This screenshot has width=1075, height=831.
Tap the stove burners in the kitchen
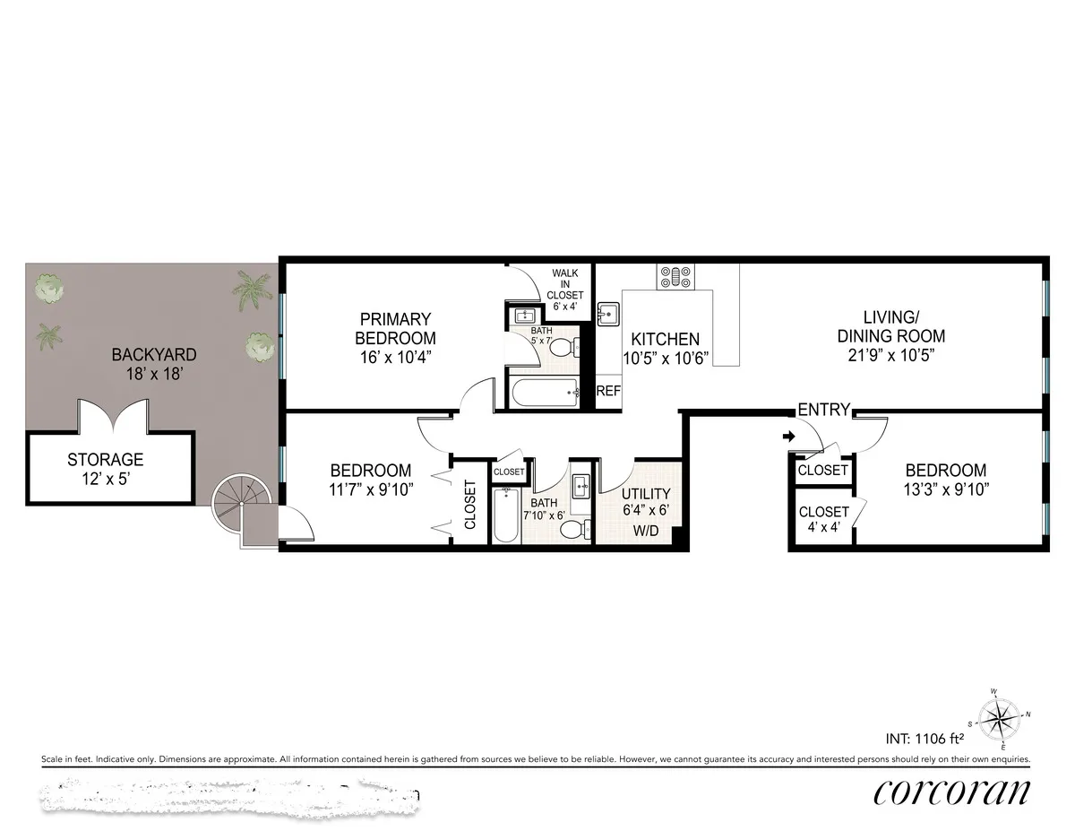[x=674, y=276]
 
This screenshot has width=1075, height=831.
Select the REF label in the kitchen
[x=608, y=392]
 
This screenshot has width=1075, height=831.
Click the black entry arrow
[x=787, y=437]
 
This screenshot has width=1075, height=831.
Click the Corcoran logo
[x=951, y=792]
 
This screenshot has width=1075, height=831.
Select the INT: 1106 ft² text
[x=924, y=740]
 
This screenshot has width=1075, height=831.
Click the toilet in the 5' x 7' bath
[x=563, y=348]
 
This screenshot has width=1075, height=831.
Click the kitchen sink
[x=610, y=314]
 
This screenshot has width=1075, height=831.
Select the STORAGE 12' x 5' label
[x=105, y=469]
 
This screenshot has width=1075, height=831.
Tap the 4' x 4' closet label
[x=823, y=519]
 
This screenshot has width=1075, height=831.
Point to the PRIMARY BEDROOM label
[x=395, y=328]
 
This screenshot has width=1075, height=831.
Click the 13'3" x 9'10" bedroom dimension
[x=945, y=489]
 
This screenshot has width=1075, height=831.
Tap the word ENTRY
[x=823, y=410]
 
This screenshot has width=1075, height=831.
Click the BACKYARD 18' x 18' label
[x=153, y=363]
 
